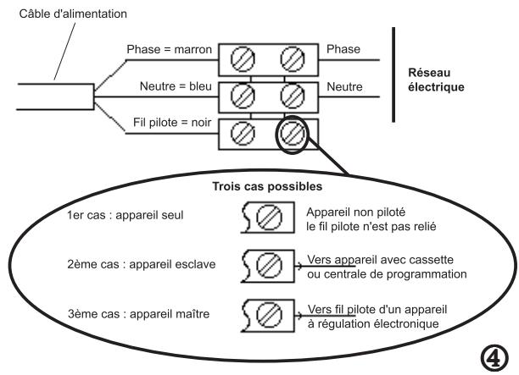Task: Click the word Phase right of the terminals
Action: point(343,49)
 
